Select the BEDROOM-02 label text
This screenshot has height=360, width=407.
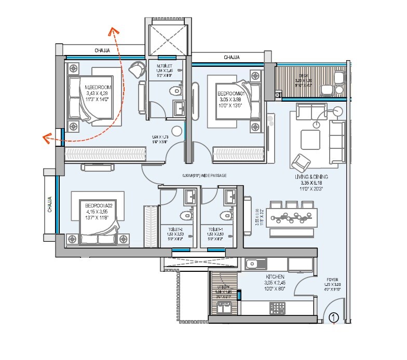[99, 206]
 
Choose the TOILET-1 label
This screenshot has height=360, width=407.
[215, 229]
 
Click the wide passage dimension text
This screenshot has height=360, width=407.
[204, 175]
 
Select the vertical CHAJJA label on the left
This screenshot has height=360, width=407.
[50, 205]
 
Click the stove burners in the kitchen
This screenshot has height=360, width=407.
[275, 307]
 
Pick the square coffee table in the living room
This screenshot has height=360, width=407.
[310, 139]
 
